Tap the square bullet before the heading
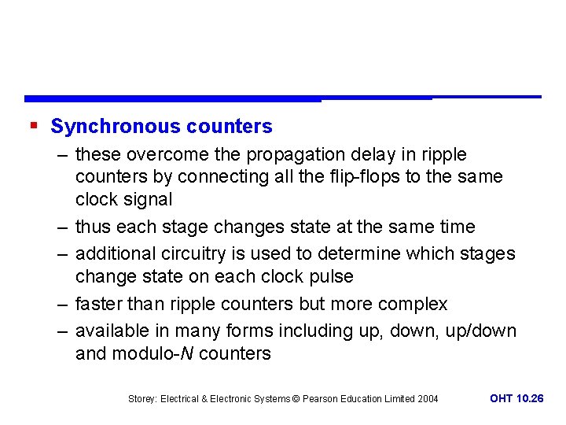tap(32, 125)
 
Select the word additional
tap(115, 253)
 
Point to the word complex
tap(413, 304)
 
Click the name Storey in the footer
tap(142, 399)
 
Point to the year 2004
tap(428, 399)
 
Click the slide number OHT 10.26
tap(516, 398)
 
